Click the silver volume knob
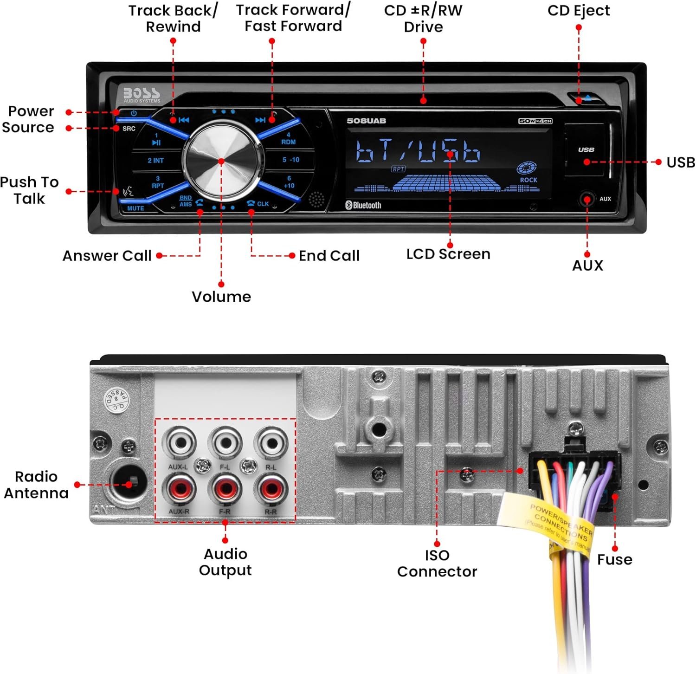[221, 161]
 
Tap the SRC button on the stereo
[129, 129]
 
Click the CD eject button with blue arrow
[587, 98]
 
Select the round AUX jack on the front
[587, 199]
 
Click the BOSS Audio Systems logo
[142, 94]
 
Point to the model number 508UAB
[366, 121]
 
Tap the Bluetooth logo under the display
[363, 205]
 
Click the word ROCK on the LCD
[528, 180]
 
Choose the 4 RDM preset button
[288, 139]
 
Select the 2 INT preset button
[155, 161]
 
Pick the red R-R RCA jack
[271, 489]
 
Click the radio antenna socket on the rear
[128, 485]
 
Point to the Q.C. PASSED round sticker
[116, 398]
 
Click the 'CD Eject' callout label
[579, 11]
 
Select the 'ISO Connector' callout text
[437, 564]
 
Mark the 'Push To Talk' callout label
[29, 190]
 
